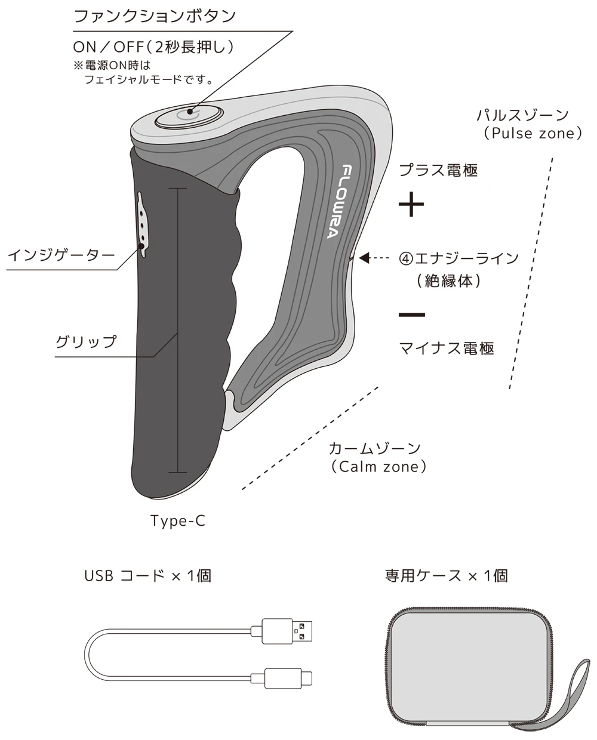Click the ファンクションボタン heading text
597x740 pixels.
(x=155, y=17)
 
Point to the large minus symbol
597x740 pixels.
(x=411, y=314)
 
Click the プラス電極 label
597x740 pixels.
(x=438, y=170)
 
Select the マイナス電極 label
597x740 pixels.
(x=446, y=348)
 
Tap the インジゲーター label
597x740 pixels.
(x=61, y=255)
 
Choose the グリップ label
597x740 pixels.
(x=86, y=342)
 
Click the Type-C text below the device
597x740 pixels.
(x=178, y=521)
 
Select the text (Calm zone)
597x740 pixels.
(x=378, y=467)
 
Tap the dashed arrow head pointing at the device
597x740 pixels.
(x=364, y=258)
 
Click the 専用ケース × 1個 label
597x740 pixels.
(x=447, y=576)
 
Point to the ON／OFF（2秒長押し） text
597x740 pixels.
(x=153, y=47)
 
